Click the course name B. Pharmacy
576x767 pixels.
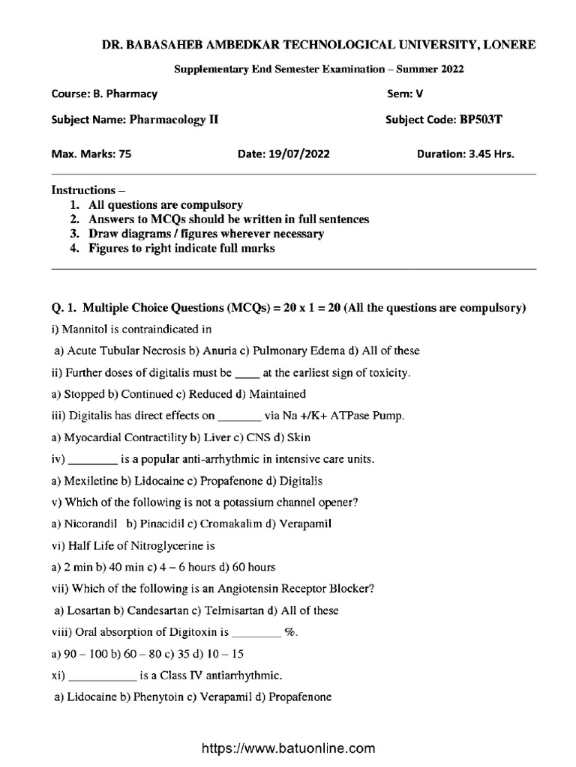tap(125, 94)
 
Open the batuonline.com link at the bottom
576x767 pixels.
tap(286, 748)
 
